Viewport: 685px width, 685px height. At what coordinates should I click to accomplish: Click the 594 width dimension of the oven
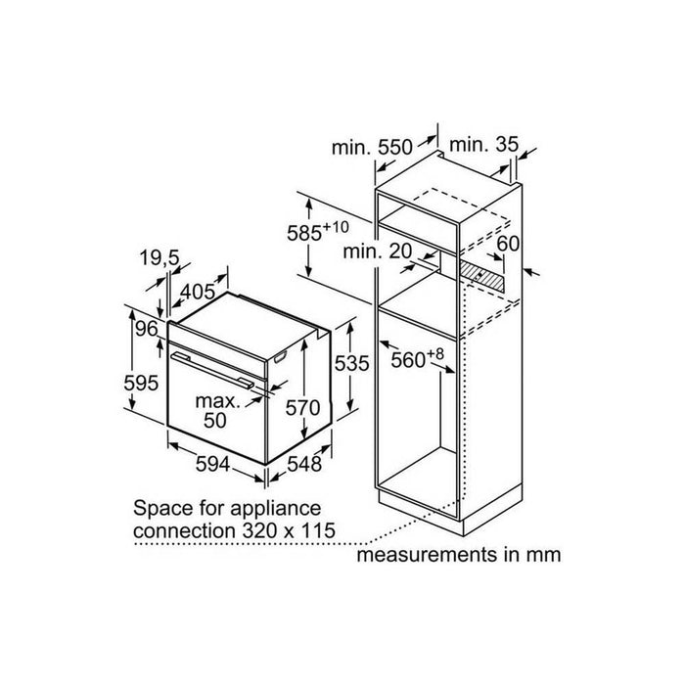tap(212, 464)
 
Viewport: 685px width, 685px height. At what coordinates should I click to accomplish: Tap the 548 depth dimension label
tap(304, 464)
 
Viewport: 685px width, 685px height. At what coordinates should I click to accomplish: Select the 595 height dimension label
tap(141, 384)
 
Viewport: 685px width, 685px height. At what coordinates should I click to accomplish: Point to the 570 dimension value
tap(302, 408)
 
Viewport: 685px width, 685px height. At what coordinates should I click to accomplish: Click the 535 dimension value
tap(351, 363)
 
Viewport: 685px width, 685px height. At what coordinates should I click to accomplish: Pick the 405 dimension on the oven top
tap(199, 292)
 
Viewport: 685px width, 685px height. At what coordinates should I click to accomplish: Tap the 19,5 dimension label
tap(160, 257)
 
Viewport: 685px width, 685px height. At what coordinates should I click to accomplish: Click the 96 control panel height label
tap(147, 329)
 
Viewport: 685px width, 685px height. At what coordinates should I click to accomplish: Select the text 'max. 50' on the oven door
tap(217, 411)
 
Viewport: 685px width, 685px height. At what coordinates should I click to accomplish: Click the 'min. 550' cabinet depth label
tap(372, 147)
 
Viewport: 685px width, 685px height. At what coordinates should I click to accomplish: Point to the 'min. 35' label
tap(483, 145)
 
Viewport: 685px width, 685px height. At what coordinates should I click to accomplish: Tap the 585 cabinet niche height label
tap(318, 232)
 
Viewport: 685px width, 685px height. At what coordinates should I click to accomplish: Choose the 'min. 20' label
tap(378, 251)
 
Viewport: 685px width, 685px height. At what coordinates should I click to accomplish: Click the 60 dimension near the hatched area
tap(509, 244)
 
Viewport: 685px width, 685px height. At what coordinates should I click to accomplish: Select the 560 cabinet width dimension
tap(417, 358)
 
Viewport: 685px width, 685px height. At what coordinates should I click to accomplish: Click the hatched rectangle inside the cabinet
tap(481, 276)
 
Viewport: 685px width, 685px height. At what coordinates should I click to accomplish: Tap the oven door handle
tap(212, 370)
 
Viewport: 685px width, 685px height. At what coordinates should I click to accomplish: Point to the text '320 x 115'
tap(289, 530)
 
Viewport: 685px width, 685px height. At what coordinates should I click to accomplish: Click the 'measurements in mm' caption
tap(459, 555)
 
